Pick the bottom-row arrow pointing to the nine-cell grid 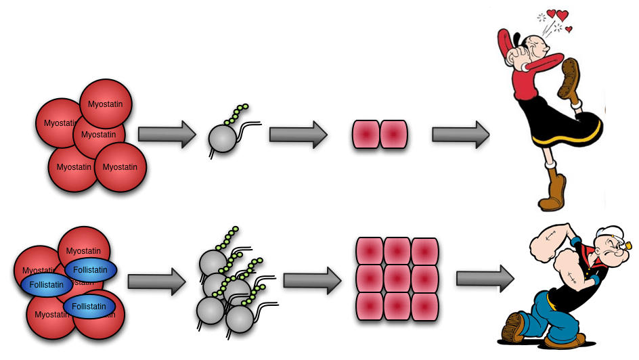point(311,279)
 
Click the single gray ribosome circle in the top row point(223,138)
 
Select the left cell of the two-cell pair point(366,135)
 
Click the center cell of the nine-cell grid point(397,279)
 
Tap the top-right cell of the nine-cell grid point(425,251)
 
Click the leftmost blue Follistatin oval point(47,285)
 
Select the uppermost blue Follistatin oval point(90,270)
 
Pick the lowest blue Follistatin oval point(89,307)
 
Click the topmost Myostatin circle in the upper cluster point(106,104)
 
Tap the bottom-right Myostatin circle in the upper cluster point(120,167)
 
